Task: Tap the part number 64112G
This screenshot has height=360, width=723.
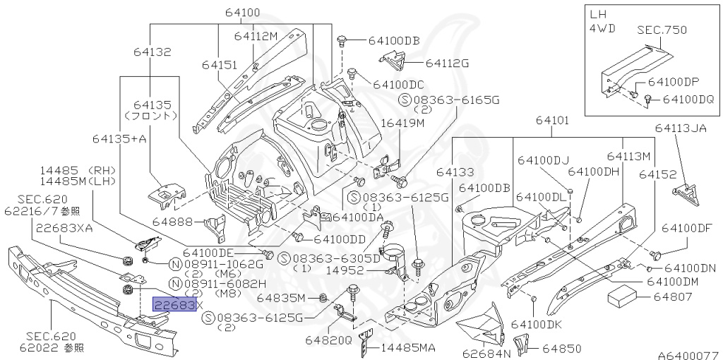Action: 447,63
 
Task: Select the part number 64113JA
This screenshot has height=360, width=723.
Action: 680,128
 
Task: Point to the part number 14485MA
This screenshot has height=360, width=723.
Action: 408,347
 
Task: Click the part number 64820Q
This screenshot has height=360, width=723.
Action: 328,340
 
